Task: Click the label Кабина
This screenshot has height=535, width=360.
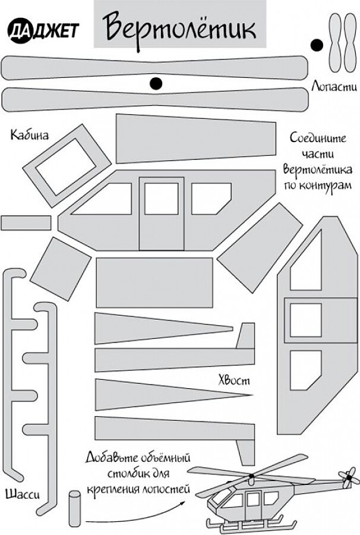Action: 30,135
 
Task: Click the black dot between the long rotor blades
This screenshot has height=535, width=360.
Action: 156,84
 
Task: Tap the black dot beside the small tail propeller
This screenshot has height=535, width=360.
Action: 317,45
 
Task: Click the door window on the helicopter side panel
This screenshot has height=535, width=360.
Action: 161,199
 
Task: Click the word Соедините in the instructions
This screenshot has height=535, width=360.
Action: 317,137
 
